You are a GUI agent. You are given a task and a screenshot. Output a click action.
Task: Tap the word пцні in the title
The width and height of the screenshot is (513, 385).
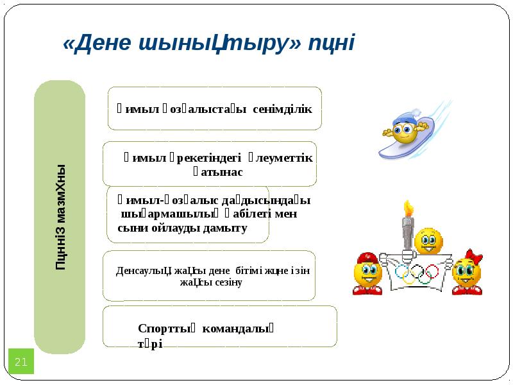coord(332,43)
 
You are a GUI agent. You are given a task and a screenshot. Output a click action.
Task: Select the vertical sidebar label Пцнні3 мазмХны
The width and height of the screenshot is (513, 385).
coord(60,217)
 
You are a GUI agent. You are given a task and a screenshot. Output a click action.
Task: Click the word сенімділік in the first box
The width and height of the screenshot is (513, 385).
coord(282,108)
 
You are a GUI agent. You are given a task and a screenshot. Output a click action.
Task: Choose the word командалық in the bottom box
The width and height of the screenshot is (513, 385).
coord(238,329)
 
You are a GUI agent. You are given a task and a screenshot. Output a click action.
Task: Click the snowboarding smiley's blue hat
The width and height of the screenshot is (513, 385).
coord(405,118)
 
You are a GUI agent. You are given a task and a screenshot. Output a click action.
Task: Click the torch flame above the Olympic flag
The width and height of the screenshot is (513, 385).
coord(407,209)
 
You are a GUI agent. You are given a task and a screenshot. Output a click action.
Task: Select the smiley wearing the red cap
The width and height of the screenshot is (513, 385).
coord(367,273)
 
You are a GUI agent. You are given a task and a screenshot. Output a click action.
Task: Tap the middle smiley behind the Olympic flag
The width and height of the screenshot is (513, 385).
coord(428,241)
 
